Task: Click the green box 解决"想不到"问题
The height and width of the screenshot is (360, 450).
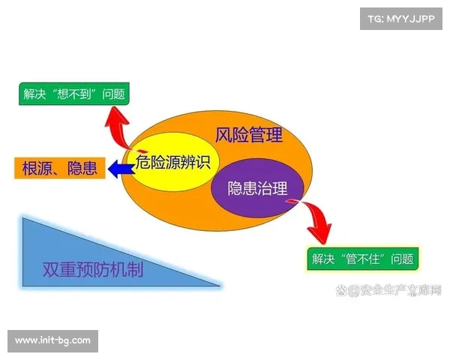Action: pyautogui.click(x=73, y=94)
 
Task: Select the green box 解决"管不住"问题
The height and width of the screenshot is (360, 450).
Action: pyautogui.click(x=363, y=259)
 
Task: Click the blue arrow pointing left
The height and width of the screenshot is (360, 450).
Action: pyautogui.click(x=118, y=169)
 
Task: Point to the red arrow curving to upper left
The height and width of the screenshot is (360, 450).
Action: pyautogui.click(x=121, y=124)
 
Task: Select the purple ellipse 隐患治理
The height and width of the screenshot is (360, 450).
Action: pyautogui.click(x=257, y=187)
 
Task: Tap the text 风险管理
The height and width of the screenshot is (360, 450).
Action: pyautogui.click(x=249, y=136)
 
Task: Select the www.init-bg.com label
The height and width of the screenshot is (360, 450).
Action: pyautogui.click(x=53, y=340)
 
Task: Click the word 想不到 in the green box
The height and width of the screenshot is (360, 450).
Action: pyautogui.click(x=82, y=94)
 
